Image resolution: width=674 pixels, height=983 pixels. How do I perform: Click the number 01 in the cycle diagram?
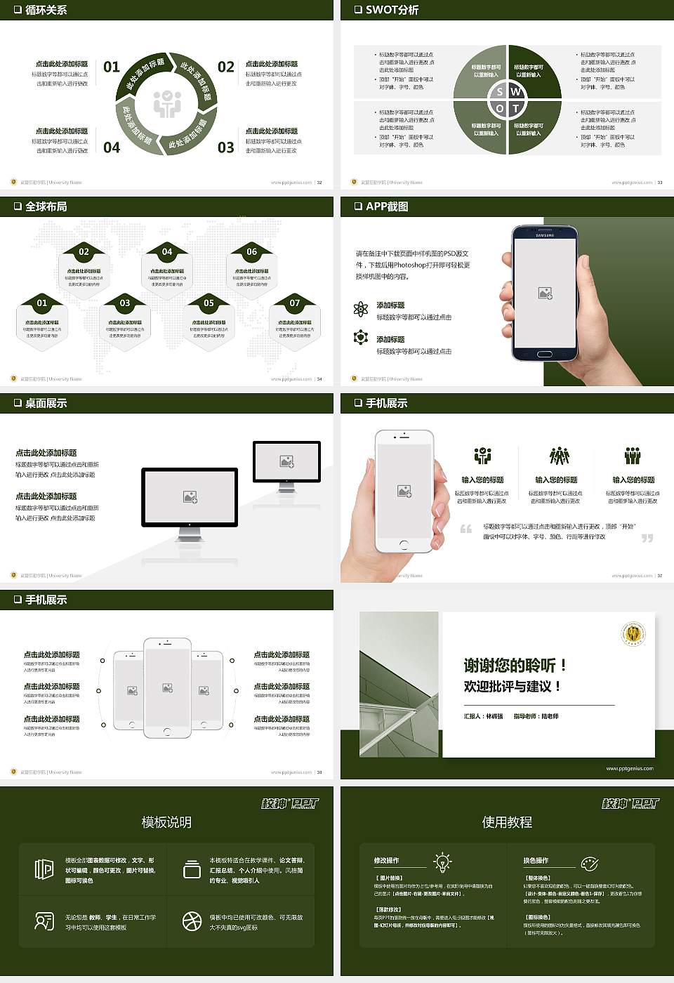(112, 67)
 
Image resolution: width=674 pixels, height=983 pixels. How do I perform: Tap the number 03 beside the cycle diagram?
(225, 147)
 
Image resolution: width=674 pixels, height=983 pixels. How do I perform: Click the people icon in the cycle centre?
(167, 104)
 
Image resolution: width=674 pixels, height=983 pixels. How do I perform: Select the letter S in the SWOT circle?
(500, 91)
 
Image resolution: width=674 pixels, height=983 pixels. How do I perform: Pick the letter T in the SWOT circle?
(515, 108)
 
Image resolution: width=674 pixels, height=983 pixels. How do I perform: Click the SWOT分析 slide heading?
(391, 10)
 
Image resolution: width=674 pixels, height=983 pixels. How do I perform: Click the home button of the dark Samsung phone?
(545, 355)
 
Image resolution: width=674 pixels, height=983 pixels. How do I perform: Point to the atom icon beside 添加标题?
(361, 309)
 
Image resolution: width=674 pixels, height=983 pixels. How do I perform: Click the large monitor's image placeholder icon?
(190, 496)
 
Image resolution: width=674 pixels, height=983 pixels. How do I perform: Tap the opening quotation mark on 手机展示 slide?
(465, 529)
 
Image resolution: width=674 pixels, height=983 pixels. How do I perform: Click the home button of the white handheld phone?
(404, 545)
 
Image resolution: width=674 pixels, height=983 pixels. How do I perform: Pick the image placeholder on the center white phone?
(167, 688)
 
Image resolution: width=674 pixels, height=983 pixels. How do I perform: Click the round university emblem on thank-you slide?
(634, 633)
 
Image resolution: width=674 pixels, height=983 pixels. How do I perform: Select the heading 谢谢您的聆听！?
(514, 665)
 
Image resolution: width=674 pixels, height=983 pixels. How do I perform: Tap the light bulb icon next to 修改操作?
(442, 862)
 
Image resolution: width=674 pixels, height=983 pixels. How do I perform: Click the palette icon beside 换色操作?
(590, 863)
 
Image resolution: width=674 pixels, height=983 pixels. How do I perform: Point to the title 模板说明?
(166, 822)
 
